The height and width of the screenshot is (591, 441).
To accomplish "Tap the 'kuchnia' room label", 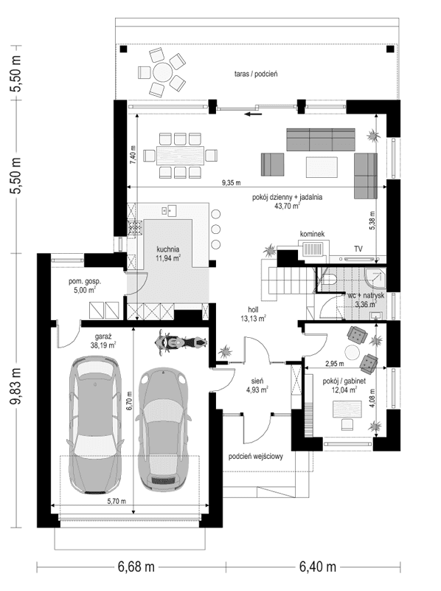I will tap(169, 250).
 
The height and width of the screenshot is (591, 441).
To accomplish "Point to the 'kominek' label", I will tap(311, 234).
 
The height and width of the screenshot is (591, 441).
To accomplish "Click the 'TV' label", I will tap(358, 249).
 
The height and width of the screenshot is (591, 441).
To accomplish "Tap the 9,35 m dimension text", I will tap(235, 182).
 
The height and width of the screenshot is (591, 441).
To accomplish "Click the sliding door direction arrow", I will tap(254, 114).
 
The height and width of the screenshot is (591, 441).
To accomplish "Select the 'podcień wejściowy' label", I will tap(258, 457).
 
